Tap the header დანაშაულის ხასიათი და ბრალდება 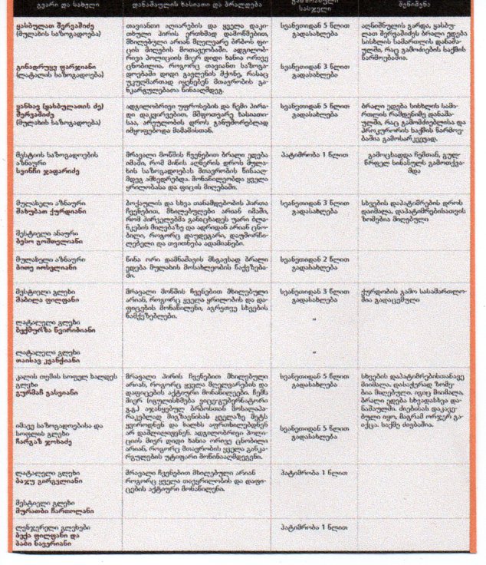[x=195, y=7]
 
